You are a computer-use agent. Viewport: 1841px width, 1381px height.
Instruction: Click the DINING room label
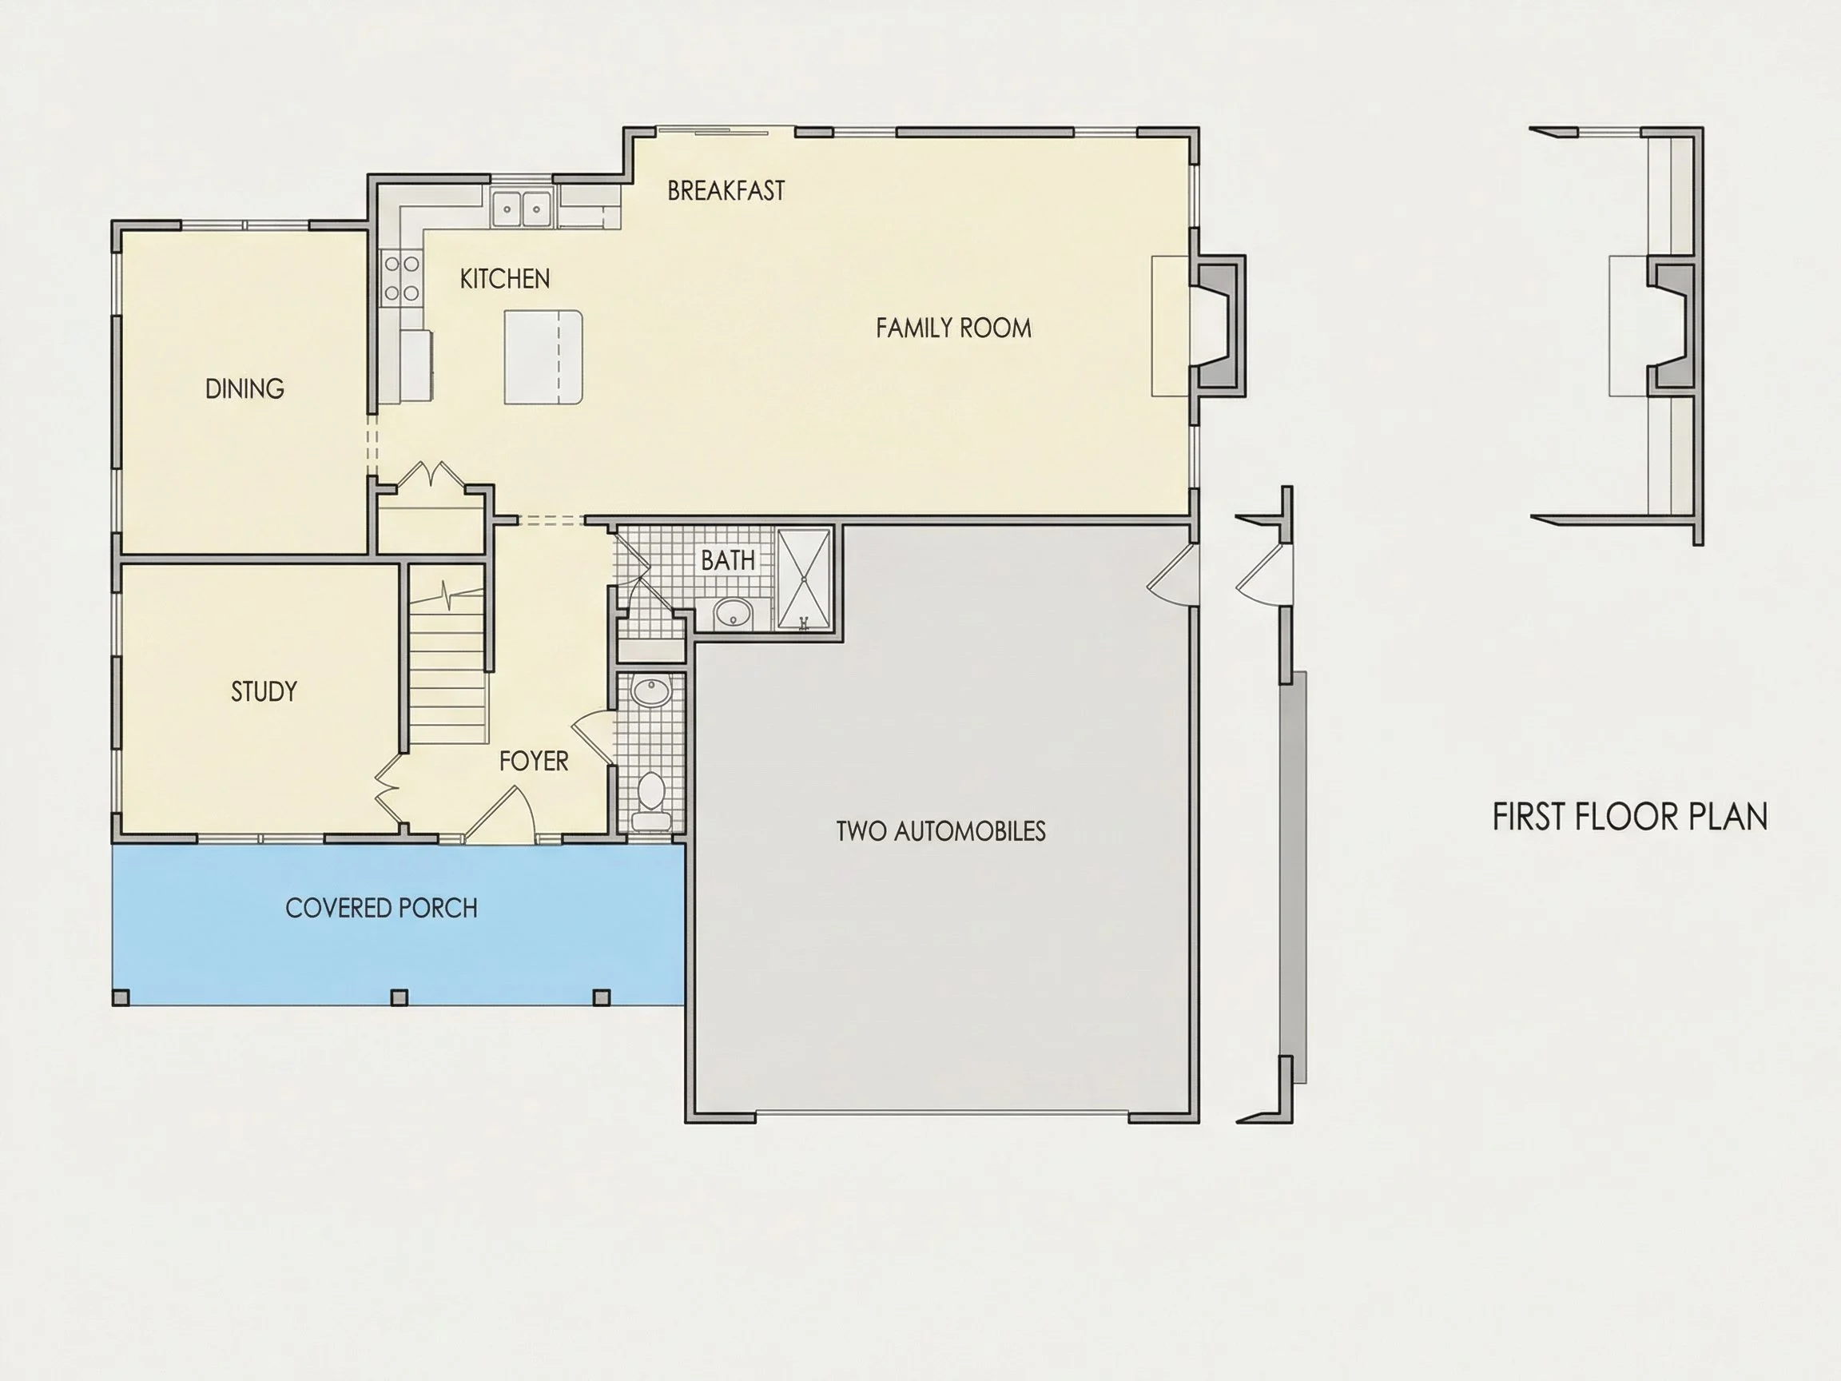pyautogui.click(x=245, y=388)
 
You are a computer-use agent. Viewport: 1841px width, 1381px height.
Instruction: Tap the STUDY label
pyautogui.click(x=264, y=692)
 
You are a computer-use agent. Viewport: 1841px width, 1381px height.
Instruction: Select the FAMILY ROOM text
pyautogui.click(x=954, y=328)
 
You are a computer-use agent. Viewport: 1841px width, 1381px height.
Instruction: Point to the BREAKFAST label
pyautogui.click(x=726, y=191)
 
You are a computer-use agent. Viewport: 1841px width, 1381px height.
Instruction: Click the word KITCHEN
pyautogui.click(x=505, y=279)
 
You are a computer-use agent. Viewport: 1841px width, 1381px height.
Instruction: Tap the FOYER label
pyautogui.click(x=534, y=761)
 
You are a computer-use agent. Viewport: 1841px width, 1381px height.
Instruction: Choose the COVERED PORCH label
pyautogui.click(x=381, y=908)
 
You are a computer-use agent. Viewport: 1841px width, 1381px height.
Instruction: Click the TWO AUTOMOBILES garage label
pyautogui.click(x=940, y=831)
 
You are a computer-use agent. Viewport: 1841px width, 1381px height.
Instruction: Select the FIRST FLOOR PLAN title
pyautogui.click(x=1629, y=818)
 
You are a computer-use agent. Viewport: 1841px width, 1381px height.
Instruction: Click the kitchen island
pyautogui.click(x=543, y=358)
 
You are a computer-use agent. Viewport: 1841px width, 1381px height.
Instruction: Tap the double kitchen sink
pyautogui.click(x=522, y=208)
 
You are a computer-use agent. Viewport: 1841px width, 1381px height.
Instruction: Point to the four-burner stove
pyautogui.click(x=402, y=279)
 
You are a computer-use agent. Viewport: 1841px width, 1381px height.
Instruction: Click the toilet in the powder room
pyautogui.click(x=651, y=801)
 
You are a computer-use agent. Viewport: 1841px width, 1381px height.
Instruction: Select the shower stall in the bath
pyautogui.click(x=804, y=579)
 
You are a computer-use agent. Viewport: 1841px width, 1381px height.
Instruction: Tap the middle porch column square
pyautogui.click(x=400, y=997)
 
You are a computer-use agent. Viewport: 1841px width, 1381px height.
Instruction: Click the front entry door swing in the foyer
pyautogui.click(x=500, y=813)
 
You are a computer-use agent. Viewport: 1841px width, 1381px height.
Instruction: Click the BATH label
pyautogui.click(x=728, y=561)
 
